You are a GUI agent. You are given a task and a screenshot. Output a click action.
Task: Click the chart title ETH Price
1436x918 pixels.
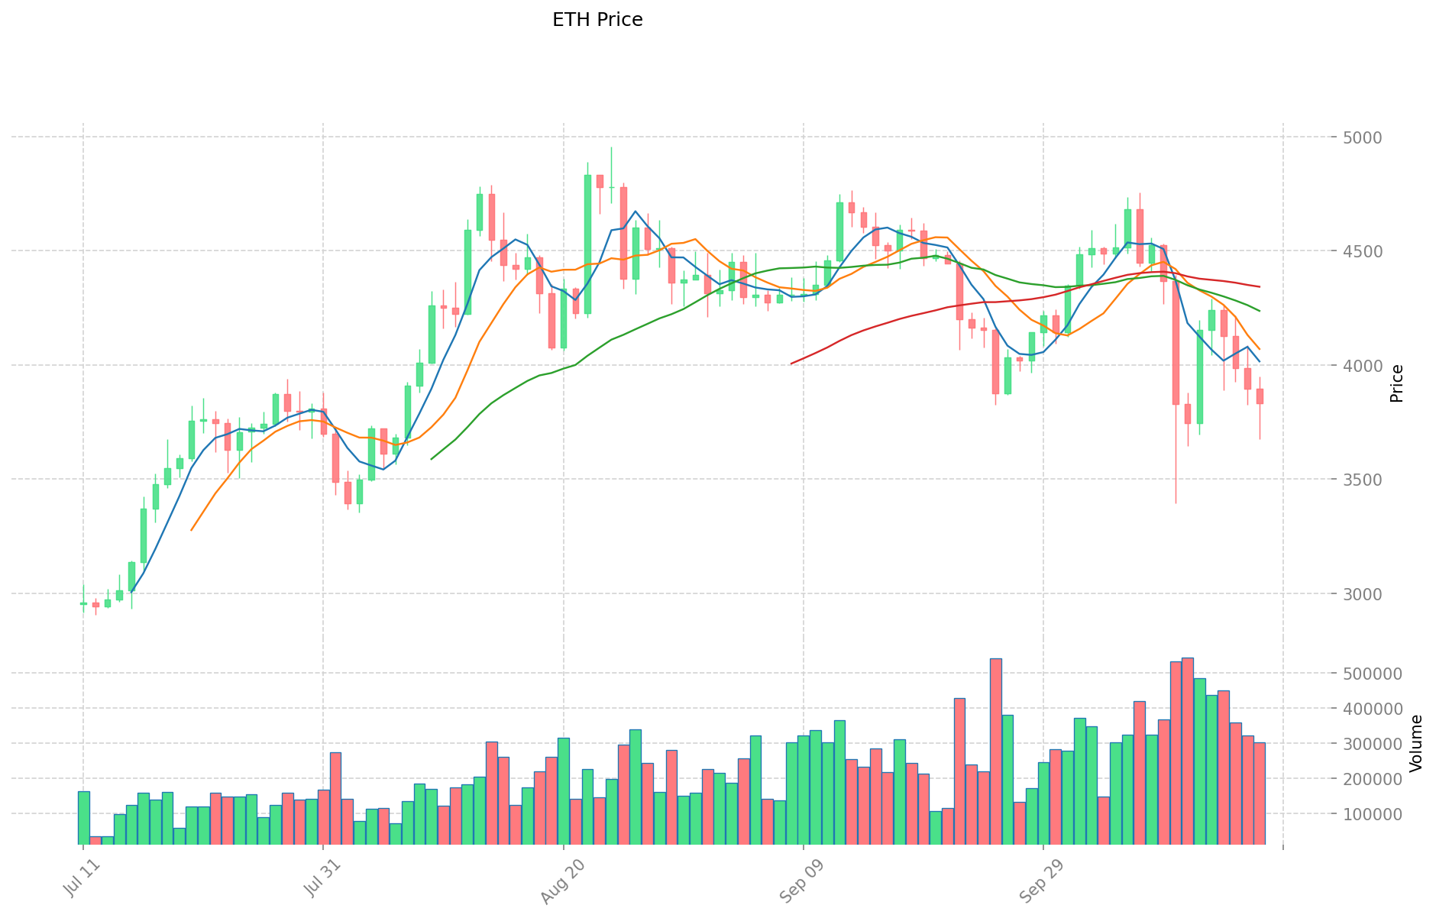597,20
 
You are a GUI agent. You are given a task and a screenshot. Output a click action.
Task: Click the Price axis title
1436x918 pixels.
1397,383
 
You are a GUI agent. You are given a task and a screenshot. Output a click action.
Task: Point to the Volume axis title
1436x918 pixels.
1416,743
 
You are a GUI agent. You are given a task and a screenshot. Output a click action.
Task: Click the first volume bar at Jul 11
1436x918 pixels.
83,817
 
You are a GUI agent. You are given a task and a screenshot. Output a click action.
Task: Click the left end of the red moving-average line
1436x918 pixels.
791,364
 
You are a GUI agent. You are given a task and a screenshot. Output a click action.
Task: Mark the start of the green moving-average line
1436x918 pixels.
432,459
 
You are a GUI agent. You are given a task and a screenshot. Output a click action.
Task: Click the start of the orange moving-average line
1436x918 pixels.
191,530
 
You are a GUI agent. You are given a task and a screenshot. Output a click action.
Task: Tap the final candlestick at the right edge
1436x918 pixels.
1260,396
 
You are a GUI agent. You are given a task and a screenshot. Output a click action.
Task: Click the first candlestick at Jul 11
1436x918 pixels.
83,603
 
